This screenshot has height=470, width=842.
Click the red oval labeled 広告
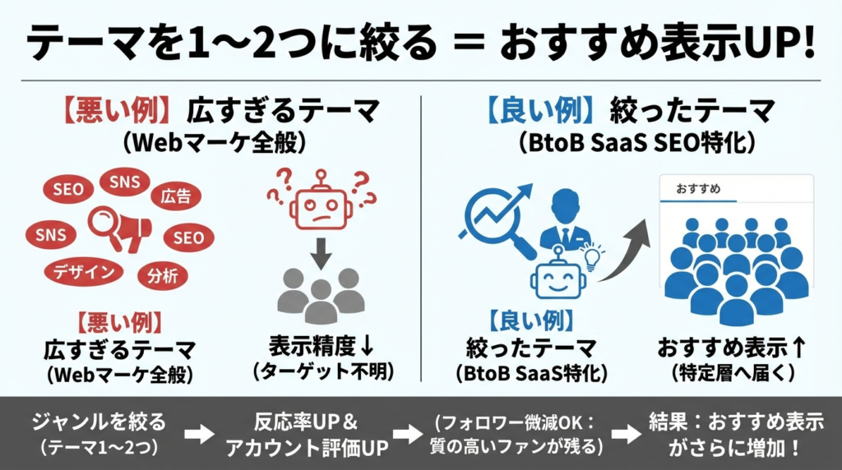pos(176,196)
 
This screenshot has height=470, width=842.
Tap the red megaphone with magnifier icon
pos(120,229)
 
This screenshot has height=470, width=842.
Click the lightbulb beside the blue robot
pos(593,256)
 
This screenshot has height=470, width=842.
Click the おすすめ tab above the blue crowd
pos(698,189)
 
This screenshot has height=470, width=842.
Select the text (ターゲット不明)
pos(322,371)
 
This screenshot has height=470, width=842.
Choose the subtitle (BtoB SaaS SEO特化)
pos(636,142)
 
